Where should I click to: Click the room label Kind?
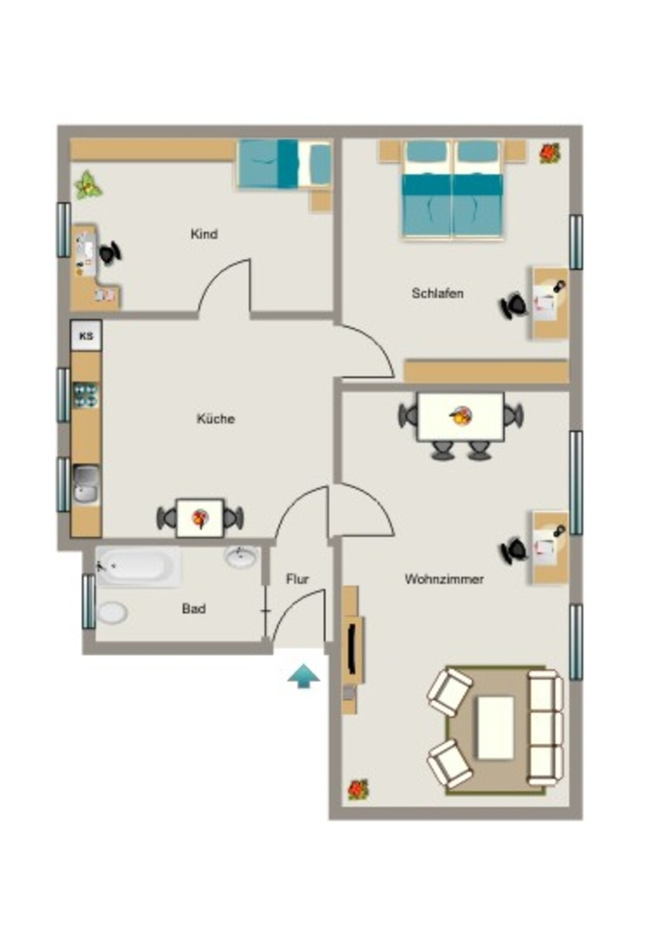click(204, 234)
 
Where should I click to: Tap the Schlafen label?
click(437, 293)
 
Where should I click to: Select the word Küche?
click(215, 418)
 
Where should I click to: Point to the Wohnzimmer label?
click(444, 579)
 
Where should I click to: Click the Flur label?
click(298, 579)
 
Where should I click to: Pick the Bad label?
click(194, 608)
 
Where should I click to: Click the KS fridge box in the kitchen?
click(86, 335)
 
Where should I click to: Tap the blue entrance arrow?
click(303, 675)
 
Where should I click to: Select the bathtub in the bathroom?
click(139, 566)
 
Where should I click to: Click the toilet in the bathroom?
click(111, 613)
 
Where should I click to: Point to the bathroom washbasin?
click(242, 556)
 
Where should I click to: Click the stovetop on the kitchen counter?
click(85, 395)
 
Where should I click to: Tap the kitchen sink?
click(86, 483)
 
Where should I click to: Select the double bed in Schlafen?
click(453, 189)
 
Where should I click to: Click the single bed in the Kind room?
click(285, 164)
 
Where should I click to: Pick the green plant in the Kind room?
click(88, 186)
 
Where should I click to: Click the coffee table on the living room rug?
click(495, 728)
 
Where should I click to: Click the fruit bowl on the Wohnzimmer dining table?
click(460, 415)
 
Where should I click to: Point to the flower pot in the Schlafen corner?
click(549, 153)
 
